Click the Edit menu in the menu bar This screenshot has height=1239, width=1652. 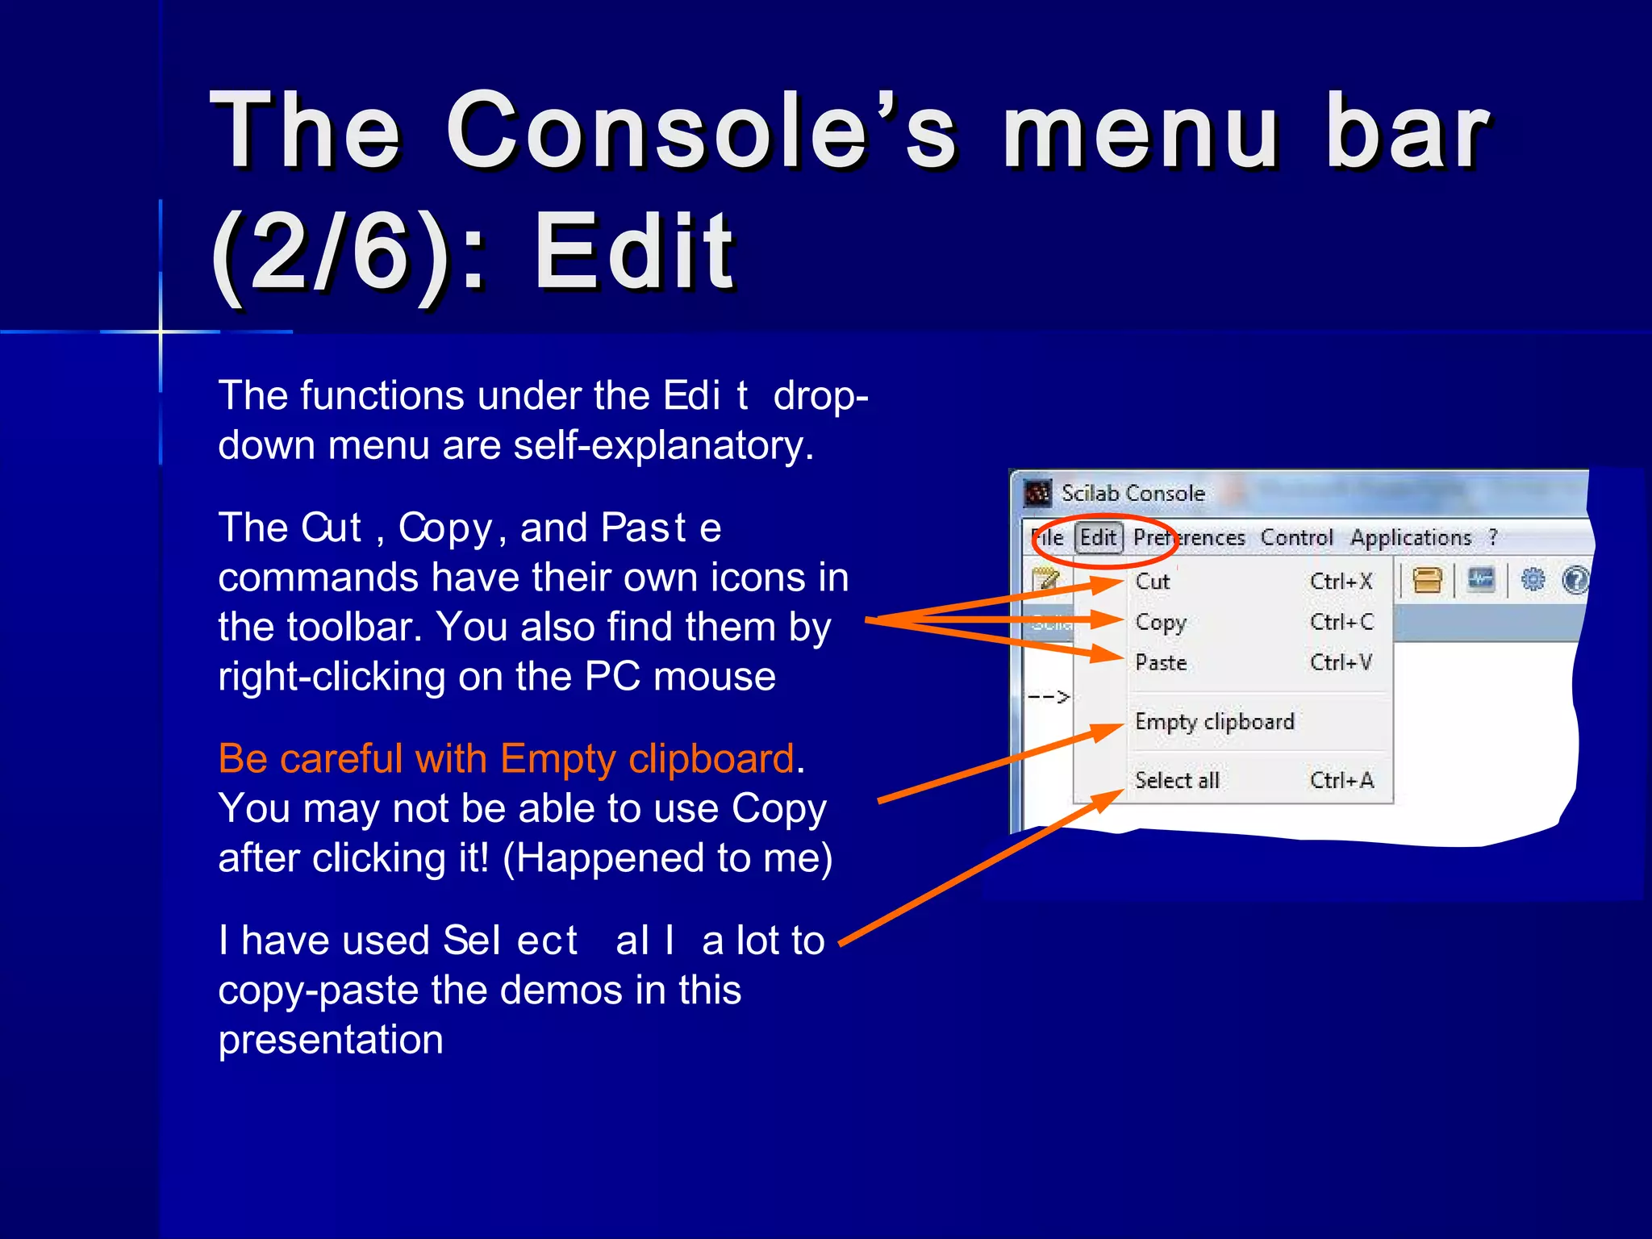coord(1098,538)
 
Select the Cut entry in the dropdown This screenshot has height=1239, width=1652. coord(1153,582)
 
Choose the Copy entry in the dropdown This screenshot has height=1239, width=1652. coord(1161,622)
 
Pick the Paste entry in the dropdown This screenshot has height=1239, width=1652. coord(1161,663)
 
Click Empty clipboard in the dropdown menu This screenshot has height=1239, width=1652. coord(1214,721)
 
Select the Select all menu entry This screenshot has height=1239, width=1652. coord(1177,780)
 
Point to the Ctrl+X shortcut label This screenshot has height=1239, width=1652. coord(1341,582)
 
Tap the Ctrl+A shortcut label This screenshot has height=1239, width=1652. coord(1341,780)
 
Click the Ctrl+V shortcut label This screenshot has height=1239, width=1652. coord(1341,663)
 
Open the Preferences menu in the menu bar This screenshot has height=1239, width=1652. coord(1189,538)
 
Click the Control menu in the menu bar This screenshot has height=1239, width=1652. coord(1296,538)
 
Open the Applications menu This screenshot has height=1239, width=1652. coord(1411,538)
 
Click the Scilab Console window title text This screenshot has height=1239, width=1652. coord(1133,493)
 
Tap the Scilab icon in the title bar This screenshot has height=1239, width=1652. coord(1037,493)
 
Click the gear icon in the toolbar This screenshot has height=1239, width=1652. coord(1533,580)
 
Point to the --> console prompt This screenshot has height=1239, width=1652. coord(1049,696)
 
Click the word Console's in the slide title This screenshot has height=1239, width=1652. coord(702,131)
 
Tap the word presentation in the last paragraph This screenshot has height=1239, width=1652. coord(331,1040)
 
